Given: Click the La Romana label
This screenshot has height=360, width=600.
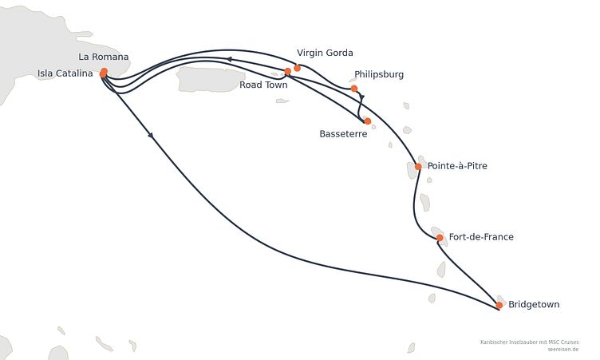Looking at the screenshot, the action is (103, 57).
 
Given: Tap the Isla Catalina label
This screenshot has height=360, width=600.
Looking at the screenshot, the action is (65, 73).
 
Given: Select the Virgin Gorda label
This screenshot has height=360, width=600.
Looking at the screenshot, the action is (325, 53).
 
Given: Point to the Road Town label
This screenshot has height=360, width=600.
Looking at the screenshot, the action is (263, 85).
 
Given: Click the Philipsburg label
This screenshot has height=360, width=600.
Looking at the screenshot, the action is (379, 74).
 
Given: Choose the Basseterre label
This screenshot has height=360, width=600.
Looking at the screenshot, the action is (343, 134).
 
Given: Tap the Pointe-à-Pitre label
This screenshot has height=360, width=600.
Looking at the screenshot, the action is (457, 166).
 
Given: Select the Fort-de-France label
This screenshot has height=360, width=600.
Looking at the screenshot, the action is (481, 237).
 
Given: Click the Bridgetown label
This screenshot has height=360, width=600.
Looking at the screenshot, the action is (534, 304).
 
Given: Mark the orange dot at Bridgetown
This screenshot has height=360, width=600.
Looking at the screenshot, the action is (499, 305).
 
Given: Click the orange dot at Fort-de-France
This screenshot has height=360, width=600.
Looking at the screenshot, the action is (440, 238).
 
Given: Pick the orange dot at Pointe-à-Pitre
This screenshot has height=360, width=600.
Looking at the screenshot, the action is (418, 167).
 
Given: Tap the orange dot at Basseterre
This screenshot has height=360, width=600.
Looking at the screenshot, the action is (368, 121).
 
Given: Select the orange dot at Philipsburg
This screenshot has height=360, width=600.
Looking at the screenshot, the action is (354, 89).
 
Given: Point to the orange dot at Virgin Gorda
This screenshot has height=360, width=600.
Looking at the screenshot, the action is (298, 68).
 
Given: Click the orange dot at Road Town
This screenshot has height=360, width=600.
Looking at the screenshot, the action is (288, 71).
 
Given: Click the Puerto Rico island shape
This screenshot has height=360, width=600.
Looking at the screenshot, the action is (210, 79).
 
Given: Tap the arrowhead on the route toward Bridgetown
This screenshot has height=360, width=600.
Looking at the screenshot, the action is (151, 135).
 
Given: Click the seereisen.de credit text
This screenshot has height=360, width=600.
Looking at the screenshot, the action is (562, 350).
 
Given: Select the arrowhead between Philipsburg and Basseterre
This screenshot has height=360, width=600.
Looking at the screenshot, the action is (362, 97).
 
